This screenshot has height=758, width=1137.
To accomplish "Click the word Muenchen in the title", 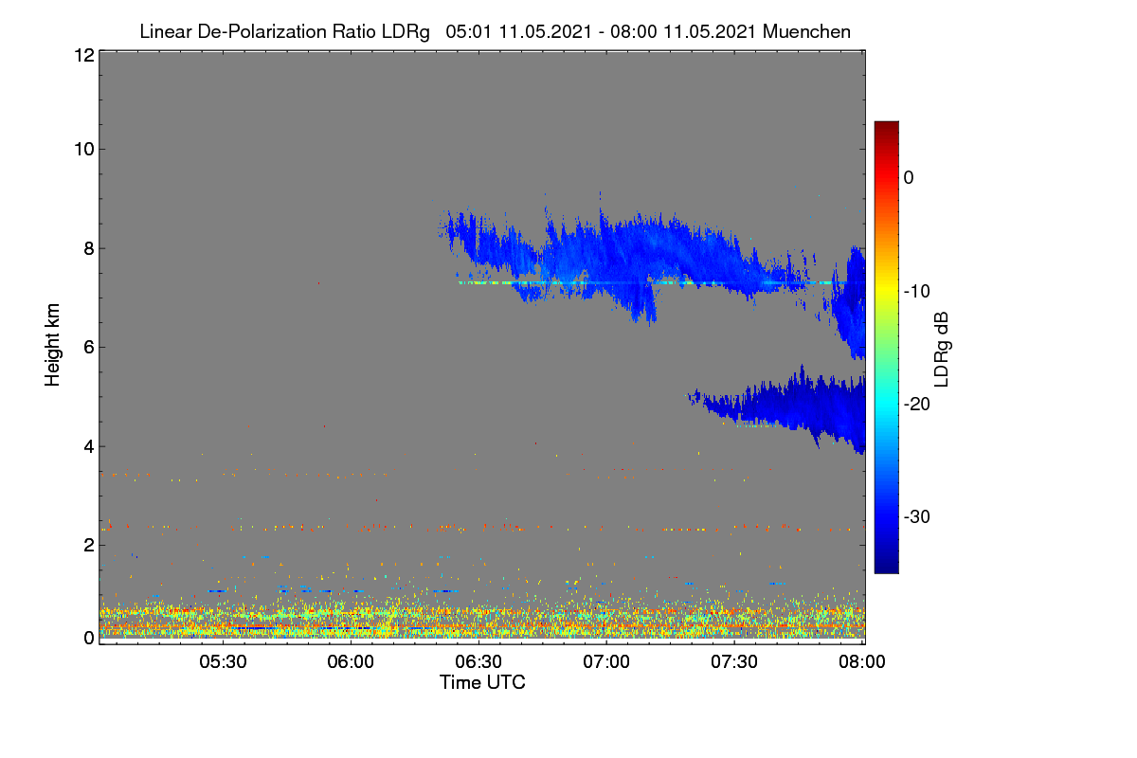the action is tap(806, 32).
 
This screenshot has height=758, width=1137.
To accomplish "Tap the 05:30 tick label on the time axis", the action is tap(223, 661).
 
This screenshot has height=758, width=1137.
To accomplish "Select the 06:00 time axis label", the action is tap(351, 661).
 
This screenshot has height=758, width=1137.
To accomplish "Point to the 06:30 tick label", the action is tap(478, 661).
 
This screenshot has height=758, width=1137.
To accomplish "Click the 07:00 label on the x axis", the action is tap(606, 661).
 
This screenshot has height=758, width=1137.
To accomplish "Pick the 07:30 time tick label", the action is tap(734, 661).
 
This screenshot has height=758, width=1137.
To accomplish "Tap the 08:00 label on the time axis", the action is tap(862, 661).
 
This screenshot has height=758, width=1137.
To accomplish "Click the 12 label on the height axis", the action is tap(84, 55).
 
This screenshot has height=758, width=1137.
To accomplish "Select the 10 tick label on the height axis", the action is tap(84, 150).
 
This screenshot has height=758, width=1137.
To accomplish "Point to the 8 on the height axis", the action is tap(90, 248).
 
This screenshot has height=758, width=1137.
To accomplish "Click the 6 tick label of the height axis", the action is tap(90, 348).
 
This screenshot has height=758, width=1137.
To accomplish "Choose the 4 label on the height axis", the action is tap(90, 446).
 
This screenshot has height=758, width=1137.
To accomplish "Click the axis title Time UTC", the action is tap(482, 682).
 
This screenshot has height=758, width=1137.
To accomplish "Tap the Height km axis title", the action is tap(52, 345).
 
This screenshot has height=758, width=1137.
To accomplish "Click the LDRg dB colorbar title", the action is tap(942, 350).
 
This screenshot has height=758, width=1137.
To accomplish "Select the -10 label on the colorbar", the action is tap(917, 292).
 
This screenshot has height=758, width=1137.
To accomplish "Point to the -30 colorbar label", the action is tap(917, 516).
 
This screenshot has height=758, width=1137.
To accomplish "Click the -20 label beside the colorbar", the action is tap(917, 405).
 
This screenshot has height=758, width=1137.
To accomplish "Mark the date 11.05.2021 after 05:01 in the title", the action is tap(546, 32).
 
